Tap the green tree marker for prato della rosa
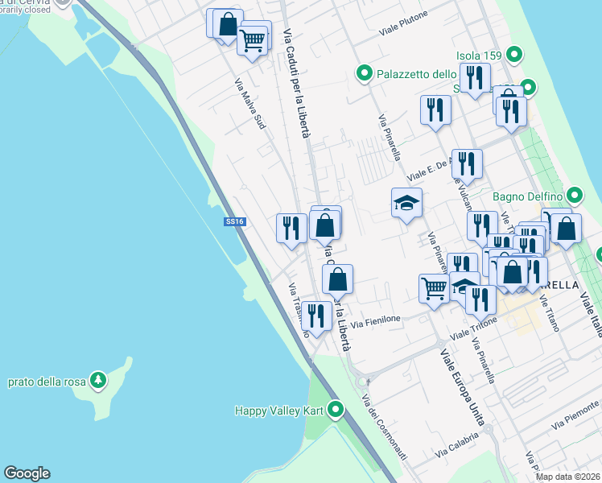point(98,379)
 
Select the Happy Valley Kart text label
point(278,411)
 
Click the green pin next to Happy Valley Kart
point(336,411)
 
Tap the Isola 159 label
point(479,56)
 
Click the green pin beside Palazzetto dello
point(365,75)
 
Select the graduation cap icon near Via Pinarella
point(406,203)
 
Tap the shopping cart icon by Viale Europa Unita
point(434,287)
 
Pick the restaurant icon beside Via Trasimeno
point(316,316)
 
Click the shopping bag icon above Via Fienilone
point(338,279)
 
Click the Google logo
point(27,473)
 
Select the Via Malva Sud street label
point(249,104)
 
